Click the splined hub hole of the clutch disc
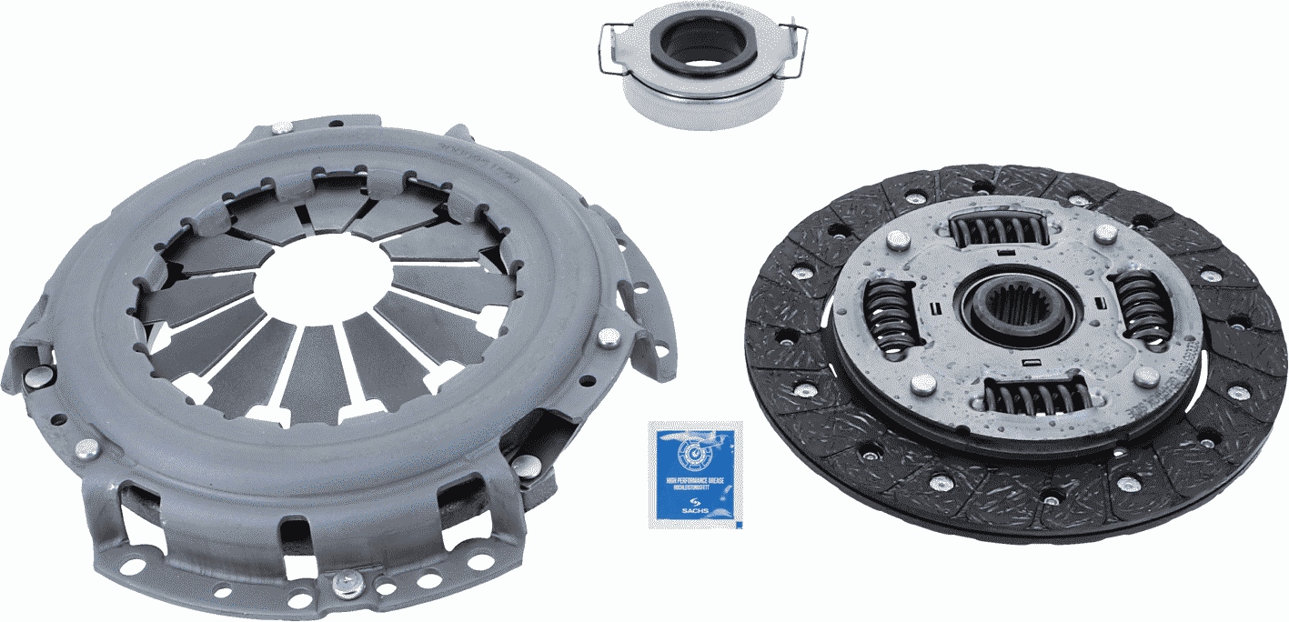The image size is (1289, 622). click(1018, 306)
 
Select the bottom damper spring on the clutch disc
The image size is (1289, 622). click(1038, 396)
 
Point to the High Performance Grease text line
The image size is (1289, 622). click(695, 478)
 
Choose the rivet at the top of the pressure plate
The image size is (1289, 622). click(283, 127)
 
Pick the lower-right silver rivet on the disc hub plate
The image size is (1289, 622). click(1143, 376)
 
